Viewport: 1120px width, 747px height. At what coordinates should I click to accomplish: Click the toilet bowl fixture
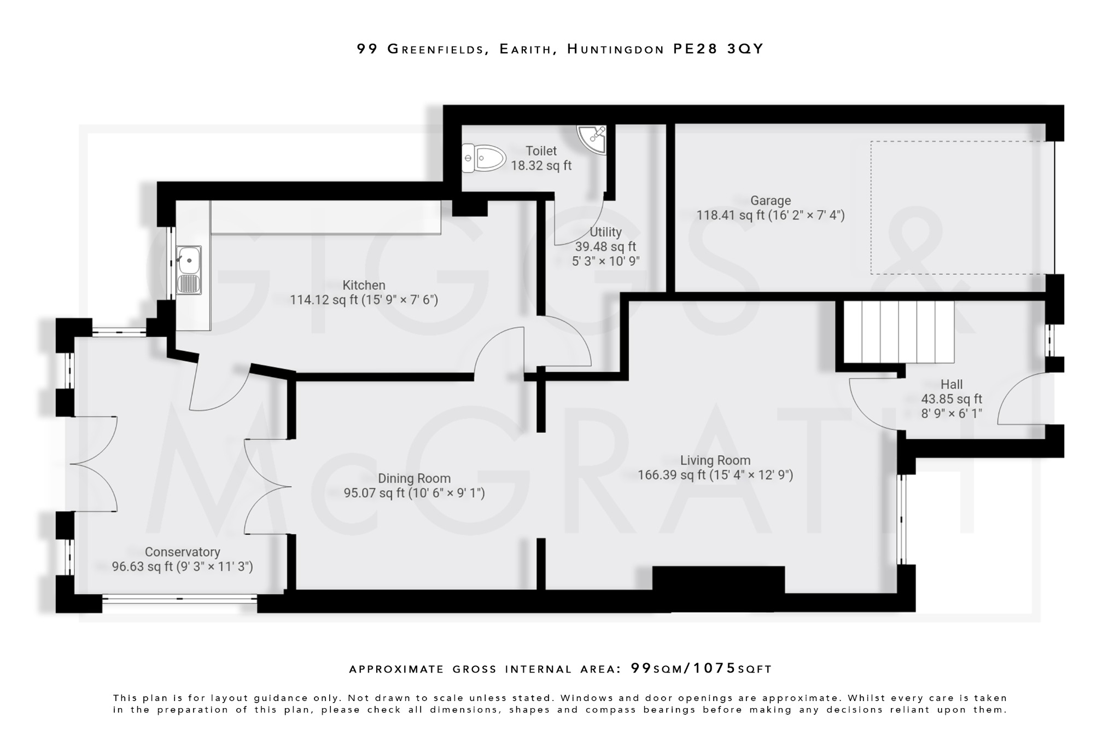tap(483, 158)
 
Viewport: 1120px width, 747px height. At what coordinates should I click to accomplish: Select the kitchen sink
tap(189, 270)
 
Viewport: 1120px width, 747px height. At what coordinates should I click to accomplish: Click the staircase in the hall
tap(899, 332)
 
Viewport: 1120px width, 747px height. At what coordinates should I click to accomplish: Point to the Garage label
tap(770, 201)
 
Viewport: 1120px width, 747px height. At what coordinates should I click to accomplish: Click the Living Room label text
tap(715, 460)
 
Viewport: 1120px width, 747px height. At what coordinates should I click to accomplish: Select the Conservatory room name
tap(182, 552)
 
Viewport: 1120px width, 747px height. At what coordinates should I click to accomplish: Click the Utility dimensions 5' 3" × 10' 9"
tap(605, 262)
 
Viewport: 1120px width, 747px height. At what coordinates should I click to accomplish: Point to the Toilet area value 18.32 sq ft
tap(541, 165)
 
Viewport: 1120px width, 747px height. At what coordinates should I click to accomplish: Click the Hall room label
tap(951, 384)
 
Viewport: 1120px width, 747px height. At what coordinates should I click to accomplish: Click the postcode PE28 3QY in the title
tap(717, 49)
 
